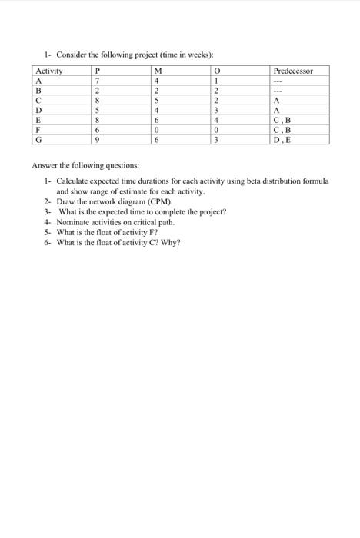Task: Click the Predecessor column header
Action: pos(293,71)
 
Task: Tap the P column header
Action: pos(97,71)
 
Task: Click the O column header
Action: pos(218,71)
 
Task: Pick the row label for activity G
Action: pos(38,141)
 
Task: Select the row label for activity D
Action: pos(38,111)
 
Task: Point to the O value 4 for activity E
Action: pos(218,121)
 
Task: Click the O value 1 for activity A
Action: pos(218,81)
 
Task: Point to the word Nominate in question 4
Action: pos(74,221)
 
